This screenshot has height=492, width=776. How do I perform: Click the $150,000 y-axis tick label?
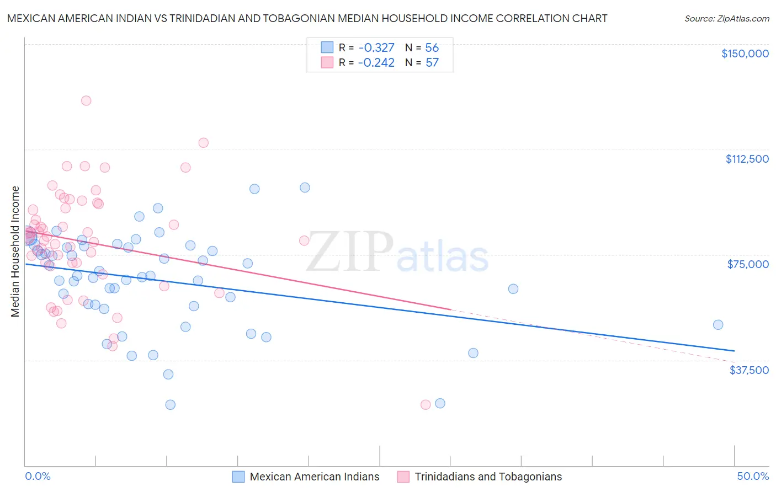tap(745, 54)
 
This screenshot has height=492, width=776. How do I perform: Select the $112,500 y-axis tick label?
tap(747, 159)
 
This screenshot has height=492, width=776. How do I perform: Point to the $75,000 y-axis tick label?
tap(748, 264)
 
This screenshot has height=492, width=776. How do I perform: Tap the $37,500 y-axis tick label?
tap(749, 370)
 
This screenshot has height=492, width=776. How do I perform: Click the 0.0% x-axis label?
tap(38, 476)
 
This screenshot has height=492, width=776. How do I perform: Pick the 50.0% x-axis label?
tap(753, 476)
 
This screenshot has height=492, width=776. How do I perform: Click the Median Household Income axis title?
tap(15, 252)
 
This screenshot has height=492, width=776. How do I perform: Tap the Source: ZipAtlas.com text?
tap(726, 19)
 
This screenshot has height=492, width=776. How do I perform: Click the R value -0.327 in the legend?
tap(376, 47)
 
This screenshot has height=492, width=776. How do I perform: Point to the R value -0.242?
tap(376, 63)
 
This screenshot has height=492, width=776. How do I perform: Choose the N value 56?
tap(432, 47)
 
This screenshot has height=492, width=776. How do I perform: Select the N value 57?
tap(432, 63)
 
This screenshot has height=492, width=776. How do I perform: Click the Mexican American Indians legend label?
tap(315, 477)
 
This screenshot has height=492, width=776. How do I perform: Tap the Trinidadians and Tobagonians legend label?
tap(488, 477)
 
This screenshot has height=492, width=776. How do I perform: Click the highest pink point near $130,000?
tap(86, 100)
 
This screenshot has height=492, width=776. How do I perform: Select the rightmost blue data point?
tap(718, 325)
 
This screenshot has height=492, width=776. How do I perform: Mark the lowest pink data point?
tap(426, 405)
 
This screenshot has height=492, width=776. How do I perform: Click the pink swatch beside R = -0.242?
tap(327, 62)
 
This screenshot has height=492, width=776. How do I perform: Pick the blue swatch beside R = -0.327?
tap(327, 47)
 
